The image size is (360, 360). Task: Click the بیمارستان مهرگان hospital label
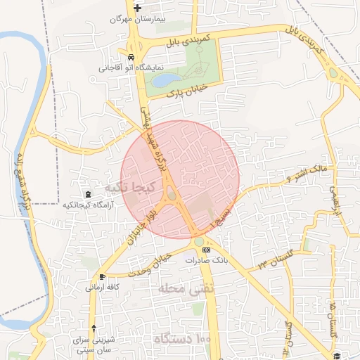coord(136,19)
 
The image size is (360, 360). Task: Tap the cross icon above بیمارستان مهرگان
coord(137,8)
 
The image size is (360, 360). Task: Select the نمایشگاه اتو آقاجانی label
coord(130,68)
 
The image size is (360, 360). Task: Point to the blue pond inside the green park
coord(164,80)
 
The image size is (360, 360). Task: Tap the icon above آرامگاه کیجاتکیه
coord(87,194)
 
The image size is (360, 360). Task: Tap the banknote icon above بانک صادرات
coord(205,250)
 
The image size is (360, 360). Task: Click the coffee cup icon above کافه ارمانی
coord(103,276)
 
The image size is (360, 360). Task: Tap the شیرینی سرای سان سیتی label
coord(94,345)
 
